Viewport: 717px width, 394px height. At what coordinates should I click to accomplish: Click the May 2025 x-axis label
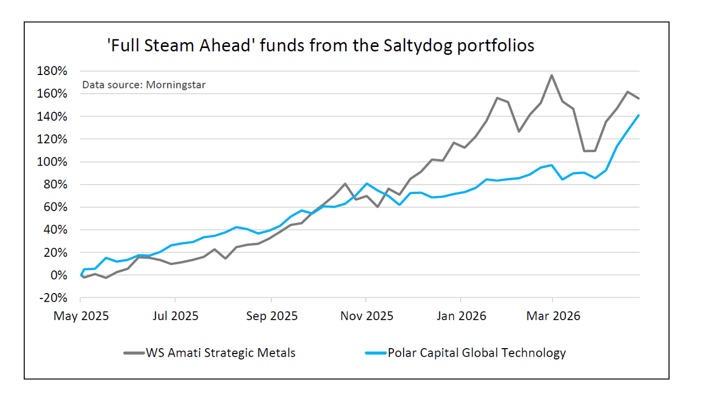[81, 316]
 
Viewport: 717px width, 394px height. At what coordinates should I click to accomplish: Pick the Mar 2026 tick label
[553, 316]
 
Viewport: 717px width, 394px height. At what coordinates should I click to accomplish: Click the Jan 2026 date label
[460, 316]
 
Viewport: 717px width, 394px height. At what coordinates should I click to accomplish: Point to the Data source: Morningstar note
[144, 85]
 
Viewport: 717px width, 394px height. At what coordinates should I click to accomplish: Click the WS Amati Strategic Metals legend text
[220, 353]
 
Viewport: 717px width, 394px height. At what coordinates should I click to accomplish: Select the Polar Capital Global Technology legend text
[477, 353]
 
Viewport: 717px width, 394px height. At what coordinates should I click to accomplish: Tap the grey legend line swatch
[133, 354]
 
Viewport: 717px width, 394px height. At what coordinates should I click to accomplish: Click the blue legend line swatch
[375, 354]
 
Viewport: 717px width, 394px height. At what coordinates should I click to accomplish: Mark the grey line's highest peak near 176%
[551, 75]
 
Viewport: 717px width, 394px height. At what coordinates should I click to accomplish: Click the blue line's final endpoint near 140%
[639, 115]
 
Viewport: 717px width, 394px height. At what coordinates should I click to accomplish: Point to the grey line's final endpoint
[639, 98]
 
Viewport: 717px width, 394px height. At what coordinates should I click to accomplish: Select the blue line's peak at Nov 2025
[367, 184]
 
